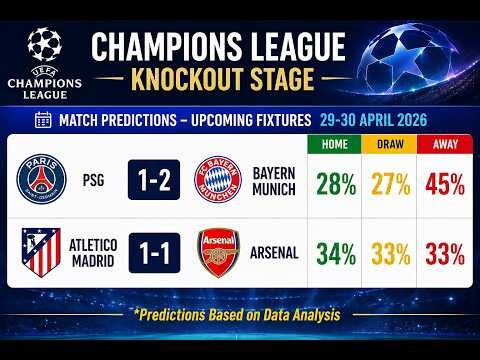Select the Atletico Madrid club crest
pos(41,253)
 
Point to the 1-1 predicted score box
pos(154,253)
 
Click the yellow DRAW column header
pos(390,144)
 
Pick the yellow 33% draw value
pos(390,254)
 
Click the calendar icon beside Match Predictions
pos(43,120)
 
